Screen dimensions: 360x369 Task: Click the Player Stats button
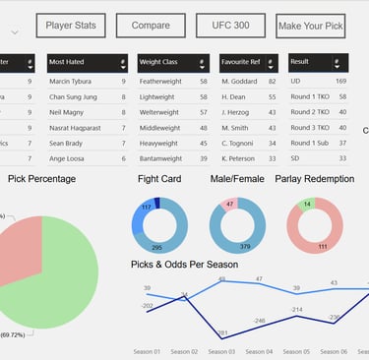[x=71, y=26]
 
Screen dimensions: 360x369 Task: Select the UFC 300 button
[x=229, y=26]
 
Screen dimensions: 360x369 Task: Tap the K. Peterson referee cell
[x=239, y=157]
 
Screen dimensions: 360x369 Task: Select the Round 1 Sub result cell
[x=312, y=143]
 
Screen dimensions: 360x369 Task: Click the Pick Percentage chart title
[x=42, y=179]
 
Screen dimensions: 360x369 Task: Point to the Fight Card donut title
[x=159, y=179]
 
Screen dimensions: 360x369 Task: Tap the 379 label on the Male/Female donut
[x=244, y=247]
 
